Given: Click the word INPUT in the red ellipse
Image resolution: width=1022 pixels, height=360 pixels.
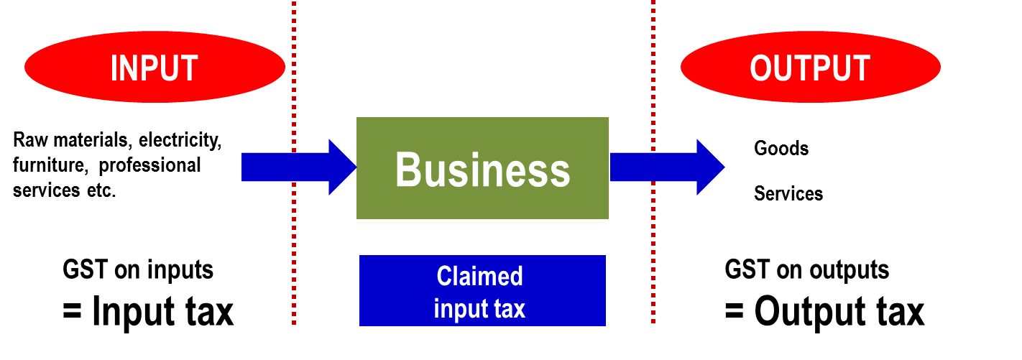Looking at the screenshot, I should (x=154, y=68).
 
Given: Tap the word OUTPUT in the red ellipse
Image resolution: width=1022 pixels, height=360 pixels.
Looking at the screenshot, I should (x=810, y=68).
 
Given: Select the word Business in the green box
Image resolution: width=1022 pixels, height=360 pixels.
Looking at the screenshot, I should (x=482, y=170).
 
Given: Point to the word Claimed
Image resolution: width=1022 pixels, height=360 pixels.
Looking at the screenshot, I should (x=479, y=277).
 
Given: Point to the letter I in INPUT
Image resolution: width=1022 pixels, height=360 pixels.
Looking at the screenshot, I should (x=114, y=68).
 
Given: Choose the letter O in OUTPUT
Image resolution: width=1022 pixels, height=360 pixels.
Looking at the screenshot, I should (x=762, y=68).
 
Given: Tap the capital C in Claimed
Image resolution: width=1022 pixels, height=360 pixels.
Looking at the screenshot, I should (x=445, y=277).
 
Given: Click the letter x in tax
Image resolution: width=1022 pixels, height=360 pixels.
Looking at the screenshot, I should (x=520, y=310).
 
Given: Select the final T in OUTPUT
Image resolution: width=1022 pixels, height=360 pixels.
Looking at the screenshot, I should (x=860, y=68).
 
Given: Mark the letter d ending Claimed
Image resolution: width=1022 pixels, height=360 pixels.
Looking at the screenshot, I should (x=516, y=277).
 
